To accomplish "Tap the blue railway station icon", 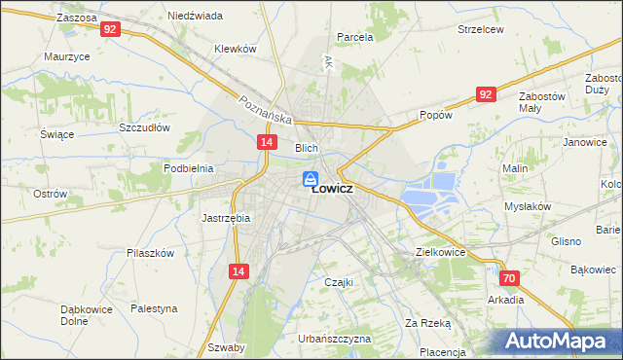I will point(310,178).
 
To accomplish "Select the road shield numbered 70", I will point(510,278).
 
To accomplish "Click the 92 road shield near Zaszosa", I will point(110,30).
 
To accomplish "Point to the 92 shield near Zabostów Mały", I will point(487,93).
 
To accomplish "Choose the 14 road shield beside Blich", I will point(266,142).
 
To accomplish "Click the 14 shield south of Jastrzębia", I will point(238,274).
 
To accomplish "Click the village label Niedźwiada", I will point(195,17).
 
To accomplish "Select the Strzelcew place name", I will point(481,29).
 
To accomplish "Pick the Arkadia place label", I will point(506,300).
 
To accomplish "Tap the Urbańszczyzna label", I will point(335,339).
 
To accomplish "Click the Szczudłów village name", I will point(144,127).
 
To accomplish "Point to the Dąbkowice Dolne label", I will point(88,314).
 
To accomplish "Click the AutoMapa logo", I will point(558,342).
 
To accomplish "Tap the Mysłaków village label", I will point(528,206).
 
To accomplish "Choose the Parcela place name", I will point(355,37).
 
